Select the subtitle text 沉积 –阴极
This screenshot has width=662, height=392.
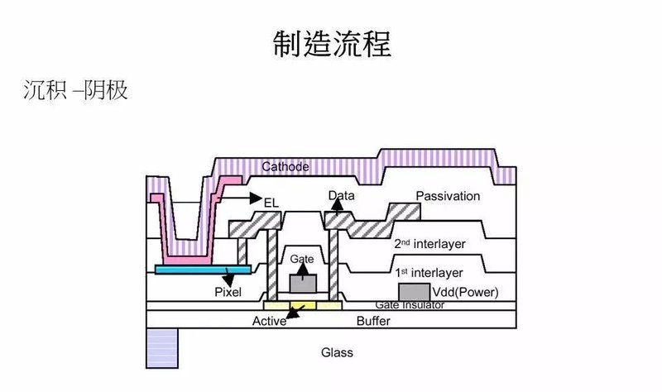point(75,89)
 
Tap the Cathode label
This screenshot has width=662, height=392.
point(285,167)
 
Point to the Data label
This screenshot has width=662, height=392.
point(340,197)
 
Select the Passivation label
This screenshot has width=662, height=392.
point(447,196)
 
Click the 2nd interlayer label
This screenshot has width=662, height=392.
point(427,244)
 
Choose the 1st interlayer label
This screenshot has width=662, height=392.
point(427,272)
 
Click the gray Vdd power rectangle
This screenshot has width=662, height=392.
point(413,292)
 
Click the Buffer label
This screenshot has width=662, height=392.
point(373,321)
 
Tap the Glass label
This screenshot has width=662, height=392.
point(337,352)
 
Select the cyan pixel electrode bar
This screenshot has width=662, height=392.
point(204,270)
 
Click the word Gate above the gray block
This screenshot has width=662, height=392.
point(302,259)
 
